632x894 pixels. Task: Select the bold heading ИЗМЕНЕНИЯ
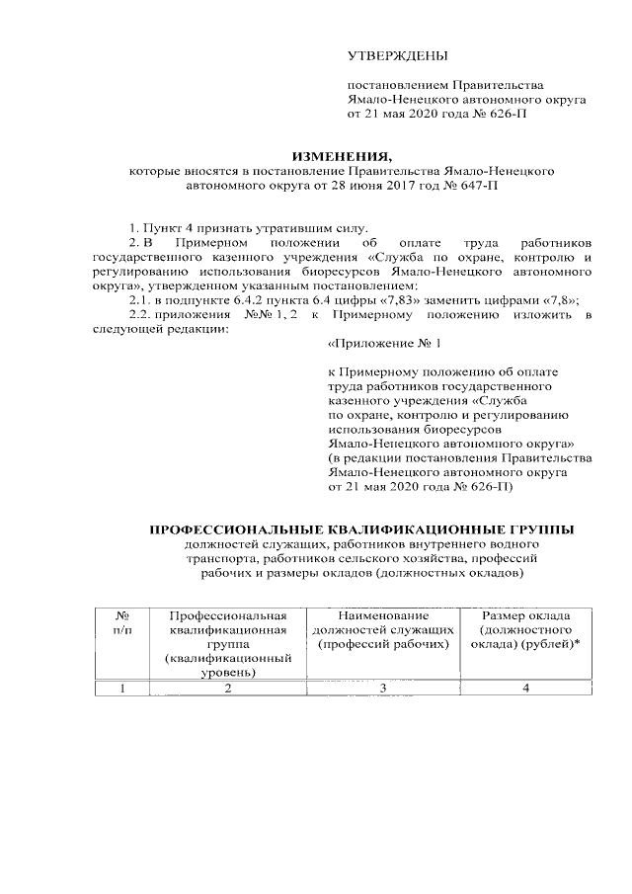pos(341,156)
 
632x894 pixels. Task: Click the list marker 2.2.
pos(131,315)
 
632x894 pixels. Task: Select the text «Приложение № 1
pos(384,344)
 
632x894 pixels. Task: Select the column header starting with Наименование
pos(382,614)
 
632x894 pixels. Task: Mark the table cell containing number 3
pos(382,689)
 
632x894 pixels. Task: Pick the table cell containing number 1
pos(121,689)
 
